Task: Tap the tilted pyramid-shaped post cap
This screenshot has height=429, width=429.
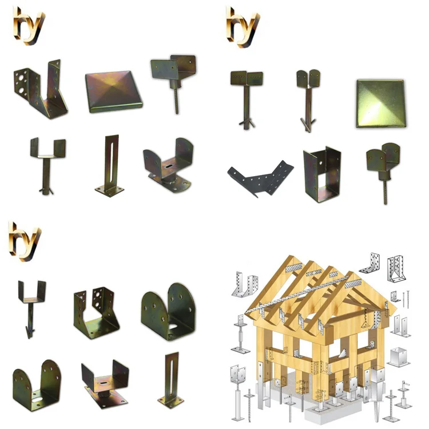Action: [x=114, y=92]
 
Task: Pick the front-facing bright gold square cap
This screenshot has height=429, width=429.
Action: [x=380, y=103]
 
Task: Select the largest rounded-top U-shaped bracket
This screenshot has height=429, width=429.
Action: [x=168, y=312]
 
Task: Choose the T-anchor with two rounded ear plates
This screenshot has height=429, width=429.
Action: [x=308, y=97]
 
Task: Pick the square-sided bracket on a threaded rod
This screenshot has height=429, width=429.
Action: [x=174, y=80]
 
